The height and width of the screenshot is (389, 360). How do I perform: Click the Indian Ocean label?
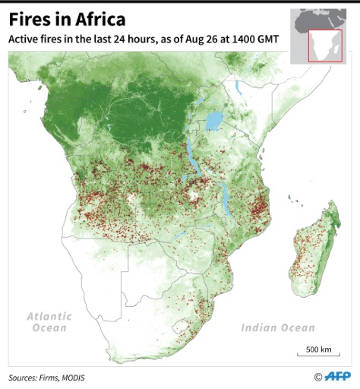click(277, 328)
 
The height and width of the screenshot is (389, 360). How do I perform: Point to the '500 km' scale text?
click(318, 349)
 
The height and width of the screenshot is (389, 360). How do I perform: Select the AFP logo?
click(337, 376)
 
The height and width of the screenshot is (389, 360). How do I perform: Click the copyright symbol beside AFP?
click(317, 376)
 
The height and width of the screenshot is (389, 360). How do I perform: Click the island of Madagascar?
click(311, 243)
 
